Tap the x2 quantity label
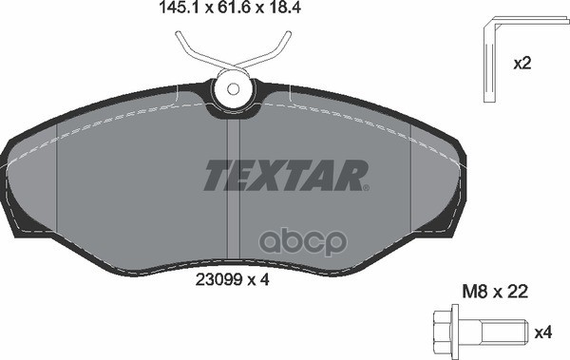[x=522, y=65]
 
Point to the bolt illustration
[x=481, y=332]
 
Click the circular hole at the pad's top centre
[x=231, y=92]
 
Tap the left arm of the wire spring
[x=194, y=52]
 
